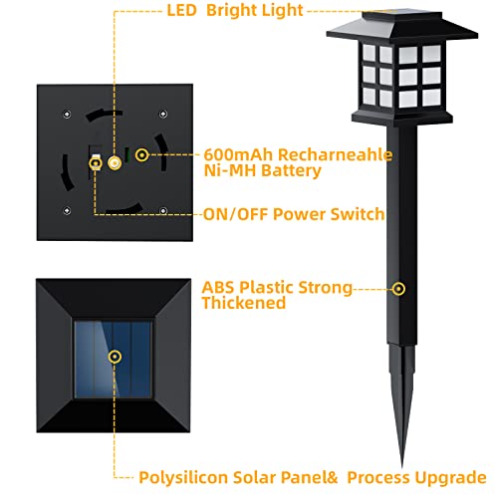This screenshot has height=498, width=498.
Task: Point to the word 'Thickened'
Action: point(244,303)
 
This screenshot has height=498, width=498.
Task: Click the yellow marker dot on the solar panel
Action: point(116,355)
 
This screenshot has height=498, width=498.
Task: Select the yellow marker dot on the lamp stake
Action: point(398,289)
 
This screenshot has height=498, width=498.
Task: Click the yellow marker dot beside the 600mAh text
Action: point(141,155)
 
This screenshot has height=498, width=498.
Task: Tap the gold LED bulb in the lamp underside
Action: point(116,159)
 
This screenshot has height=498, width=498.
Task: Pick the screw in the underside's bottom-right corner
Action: point(162,210)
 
